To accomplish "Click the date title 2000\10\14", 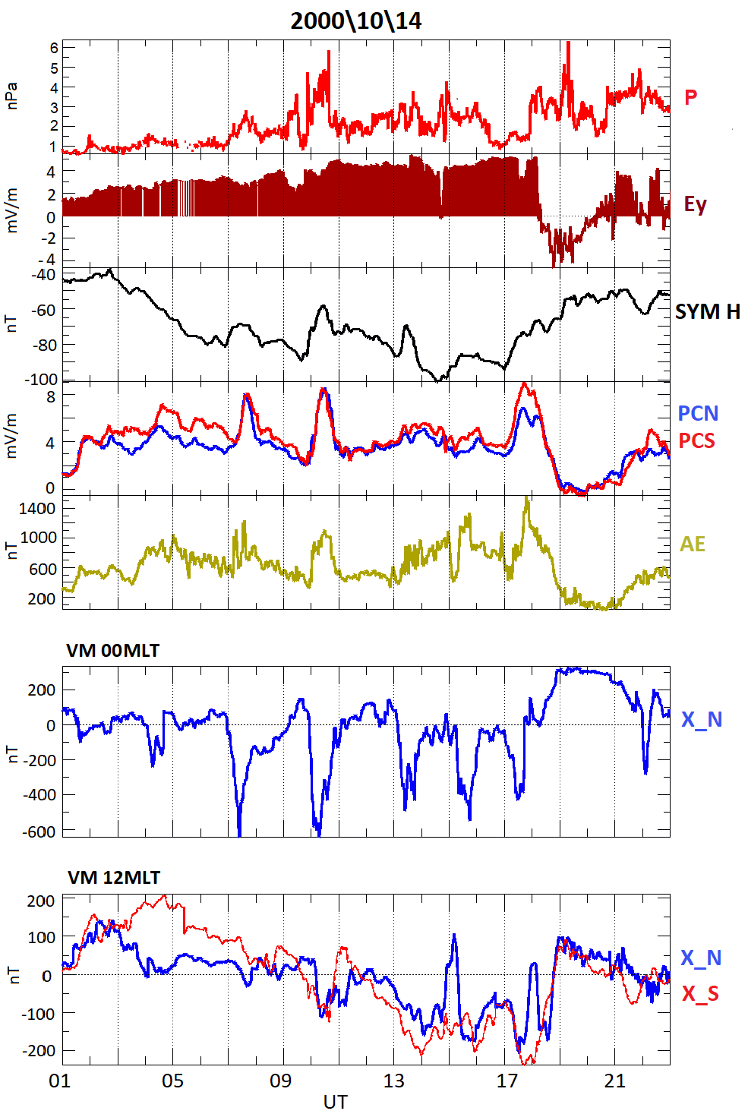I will [355, 21].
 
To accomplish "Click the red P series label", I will [690, 97].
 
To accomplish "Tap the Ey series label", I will [695, 204].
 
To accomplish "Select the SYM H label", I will [707, 312].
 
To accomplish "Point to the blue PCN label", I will [697, 413].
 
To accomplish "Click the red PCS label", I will [696, 440].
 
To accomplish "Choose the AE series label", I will [692, 544].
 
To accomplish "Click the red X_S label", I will [699, 993].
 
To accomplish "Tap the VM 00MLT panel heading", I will [113, 651].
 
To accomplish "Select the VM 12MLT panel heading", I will [114, 878].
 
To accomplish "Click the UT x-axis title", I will [335, 1102].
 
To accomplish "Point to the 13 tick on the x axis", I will [393, 1081].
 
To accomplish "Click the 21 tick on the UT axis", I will [614, 1081].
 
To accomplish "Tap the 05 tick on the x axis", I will [172, 1081].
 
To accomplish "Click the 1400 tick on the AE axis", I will [37, 508].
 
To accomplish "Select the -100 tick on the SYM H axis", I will [39, 379].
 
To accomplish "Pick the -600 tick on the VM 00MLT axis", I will [39, 832].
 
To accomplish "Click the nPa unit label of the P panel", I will [11, 96].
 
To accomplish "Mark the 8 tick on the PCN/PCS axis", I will [50, 397].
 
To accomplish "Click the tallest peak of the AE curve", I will [526, 498].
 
